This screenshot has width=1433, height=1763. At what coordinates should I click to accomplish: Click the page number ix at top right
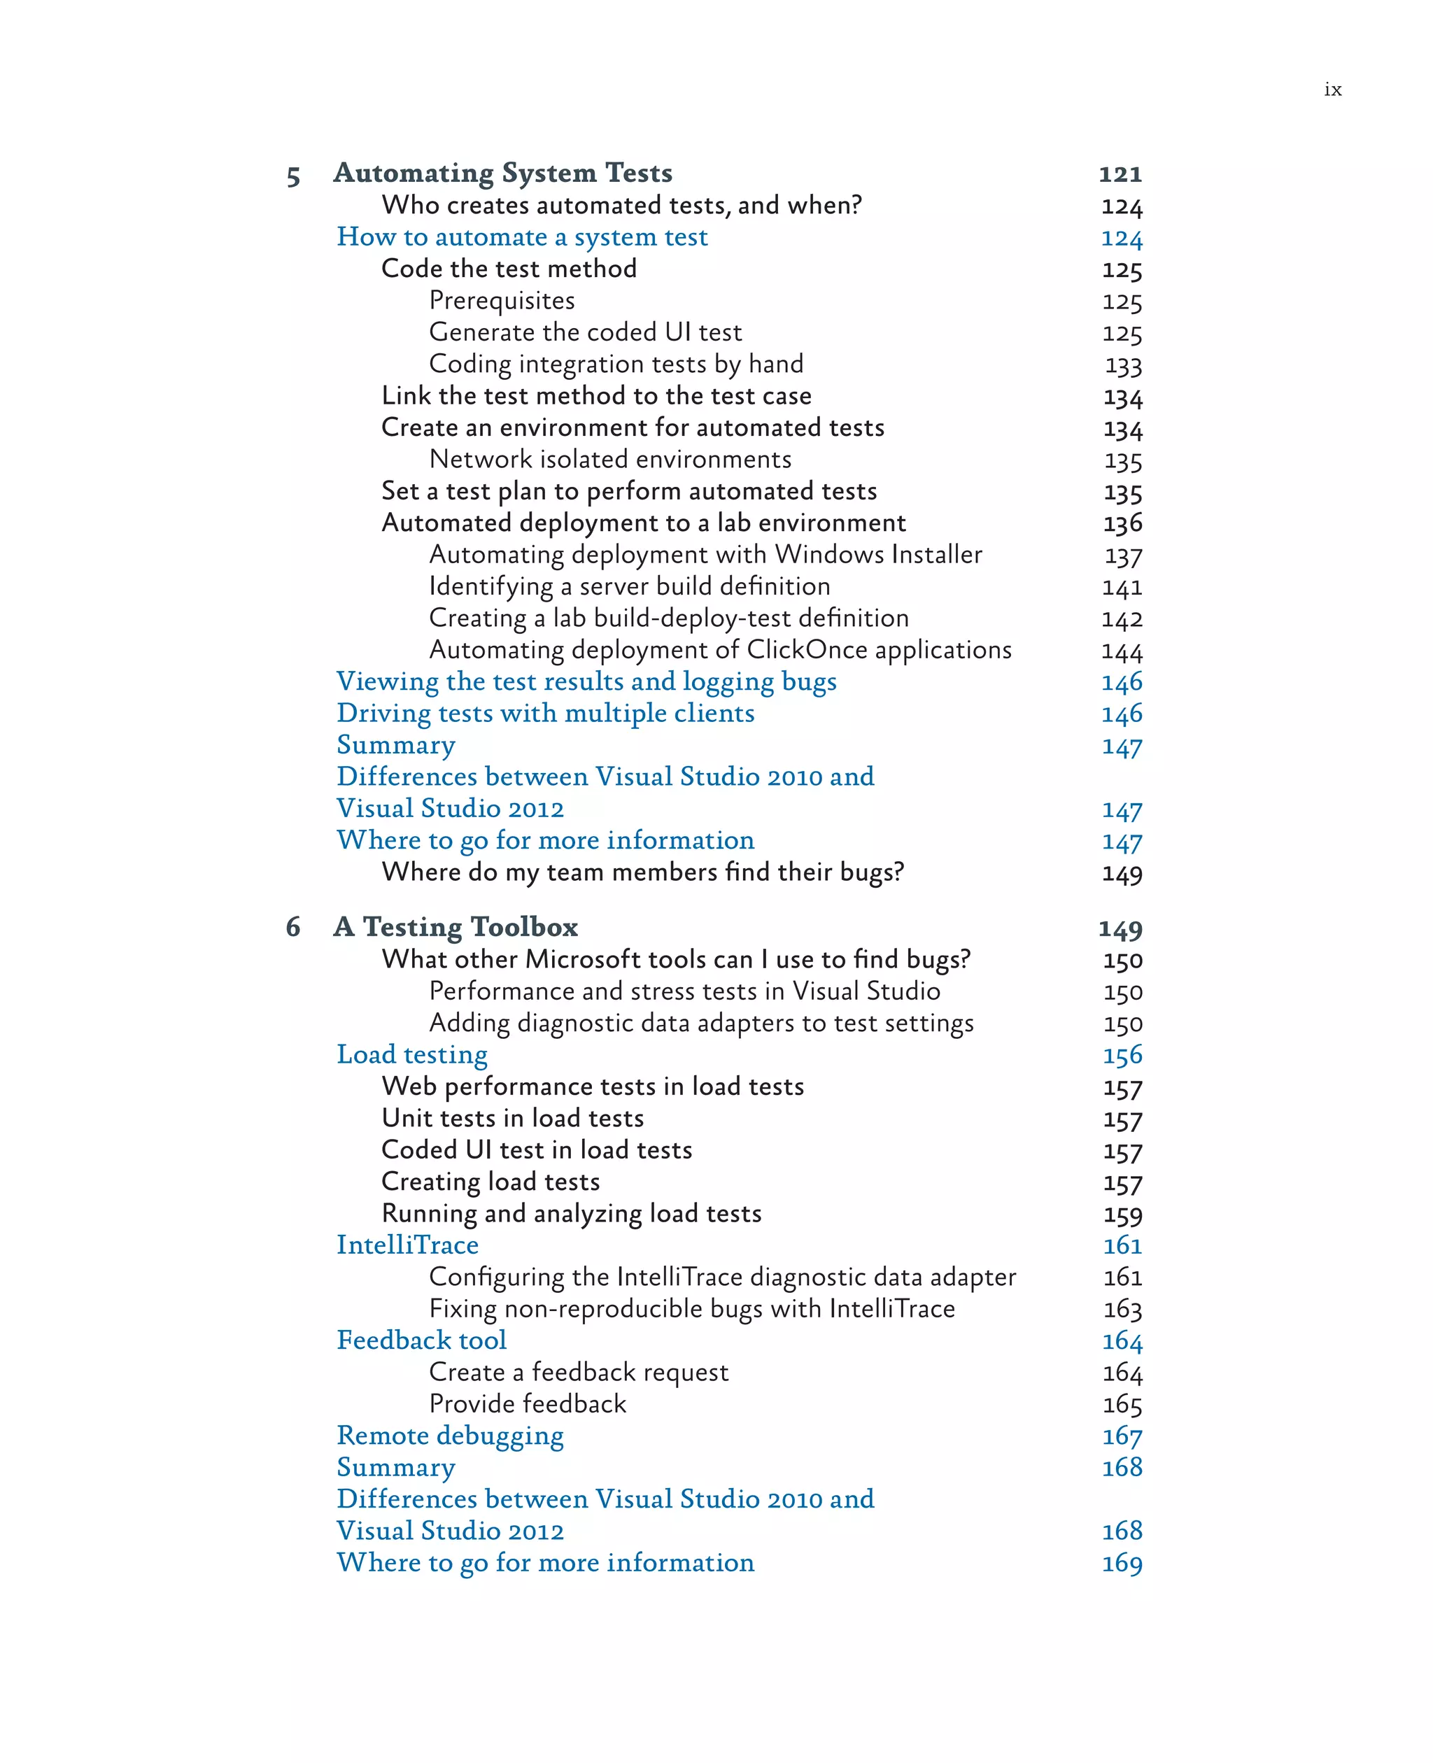[1332, 89]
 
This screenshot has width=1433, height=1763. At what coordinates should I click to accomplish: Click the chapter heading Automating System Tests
[502, 173]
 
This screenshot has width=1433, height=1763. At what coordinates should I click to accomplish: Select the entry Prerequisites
[502, 300]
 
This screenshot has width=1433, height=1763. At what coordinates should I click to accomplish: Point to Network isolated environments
[610, 459]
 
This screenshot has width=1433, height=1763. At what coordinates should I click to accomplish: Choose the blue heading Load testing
[412, 1054]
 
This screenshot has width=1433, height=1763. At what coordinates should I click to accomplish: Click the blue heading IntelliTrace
[408, 1245]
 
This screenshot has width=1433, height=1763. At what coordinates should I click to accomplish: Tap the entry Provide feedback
[528, 1403]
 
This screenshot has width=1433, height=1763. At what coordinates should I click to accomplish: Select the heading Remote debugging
[450, 1436]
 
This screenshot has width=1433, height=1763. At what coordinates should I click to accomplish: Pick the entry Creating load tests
[490, 1181]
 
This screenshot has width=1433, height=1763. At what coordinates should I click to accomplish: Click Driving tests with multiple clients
[546, 713]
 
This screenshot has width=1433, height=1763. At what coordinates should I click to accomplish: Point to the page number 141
[1122, 588]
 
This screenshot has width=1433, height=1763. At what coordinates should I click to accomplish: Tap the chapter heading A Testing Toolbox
[456, 927]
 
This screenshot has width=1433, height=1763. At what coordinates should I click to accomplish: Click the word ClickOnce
[807, 649]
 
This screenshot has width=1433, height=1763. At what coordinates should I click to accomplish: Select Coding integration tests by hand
[616, 364]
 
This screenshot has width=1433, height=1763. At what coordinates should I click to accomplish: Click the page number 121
[1120, 174]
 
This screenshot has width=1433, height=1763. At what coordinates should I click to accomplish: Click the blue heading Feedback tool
[422, 1340]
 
